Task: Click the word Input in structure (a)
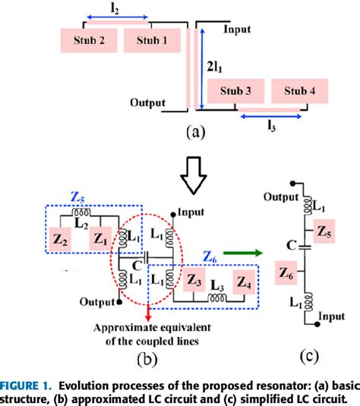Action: [236, 29]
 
